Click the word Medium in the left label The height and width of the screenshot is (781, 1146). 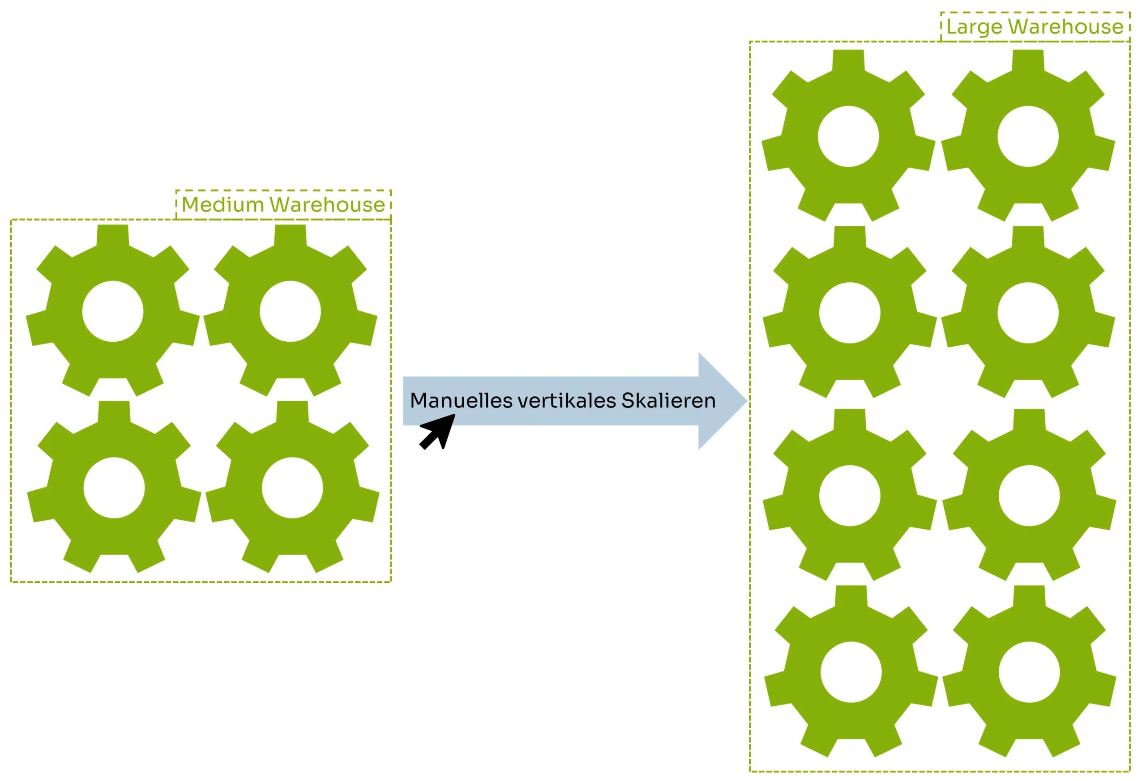click(223, 205)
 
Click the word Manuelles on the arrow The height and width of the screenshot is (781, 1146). click(461, 401)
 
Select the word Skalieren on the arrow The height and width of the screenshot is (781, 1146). click(668, 401)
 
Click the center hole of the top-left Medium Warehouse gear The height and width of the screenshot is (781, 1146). click(113, 311)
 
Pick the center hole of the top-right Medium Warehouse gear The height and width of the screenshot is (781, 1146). click(291, 311)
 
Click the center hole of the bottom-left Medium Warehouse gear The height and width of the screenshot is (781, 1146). click(115, 488)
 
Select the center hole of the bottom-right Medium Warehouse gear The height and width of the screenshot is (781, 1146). click(292, 488)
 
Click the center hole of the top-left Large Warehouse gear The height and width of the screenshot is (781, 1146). click(849, 136)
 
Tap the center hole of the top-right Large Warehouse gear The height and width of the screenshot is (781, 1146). click(1028, 136)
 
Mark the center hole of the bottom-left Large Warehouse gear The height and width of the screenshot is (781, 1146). click(851, 672)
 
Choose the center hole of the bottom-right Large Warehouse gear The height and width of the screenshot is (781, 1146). click(1030, 672)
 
